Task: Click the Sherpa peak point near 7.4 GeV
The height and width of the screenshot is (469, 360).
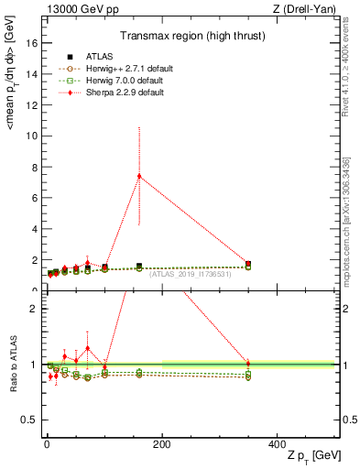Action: [x=139, y=176]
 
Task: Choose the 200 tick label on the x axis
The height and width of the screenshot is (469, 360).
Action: [x=162, y=445]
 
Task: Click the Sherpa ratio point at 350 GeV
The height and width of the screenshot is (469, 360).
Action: [x=248, y=364]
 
